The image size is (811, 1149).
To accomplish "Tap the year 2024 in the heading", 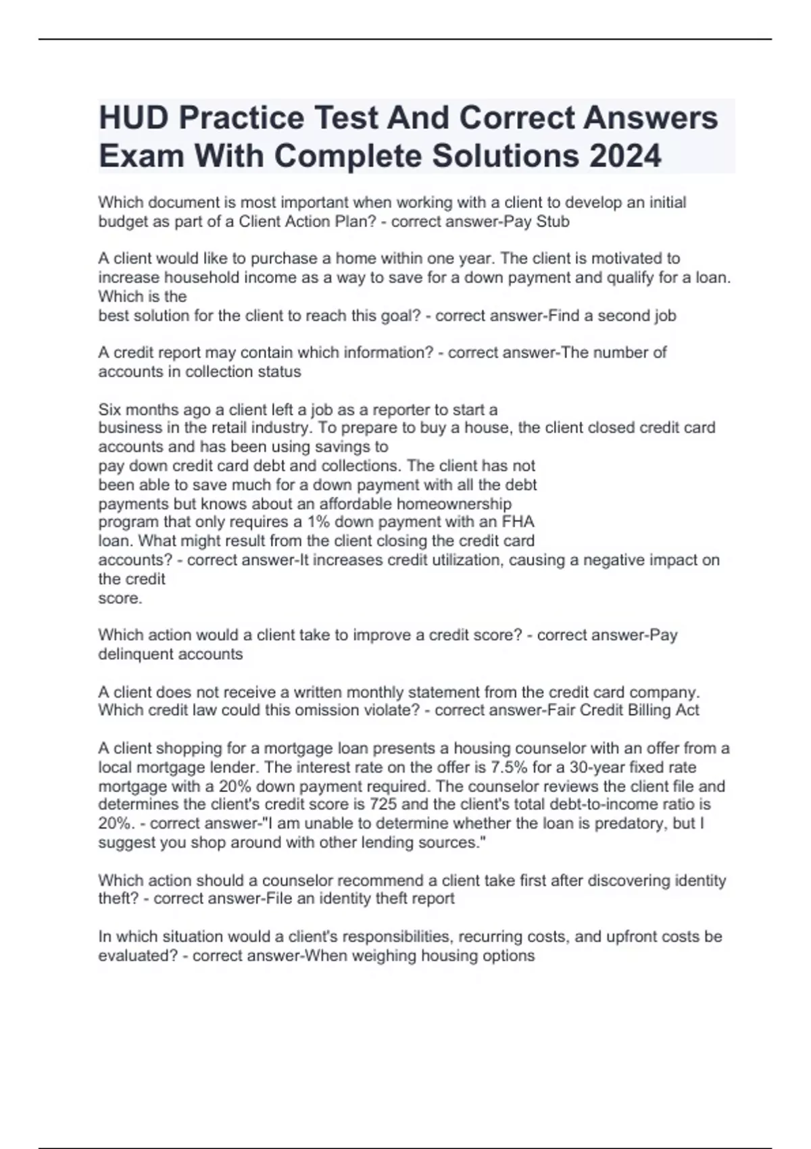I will coord(625,156).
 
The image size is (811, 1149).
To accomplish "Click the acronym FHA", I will coord(518,522).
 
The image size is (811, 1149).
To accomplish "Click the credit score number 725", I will coord(383,805).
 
